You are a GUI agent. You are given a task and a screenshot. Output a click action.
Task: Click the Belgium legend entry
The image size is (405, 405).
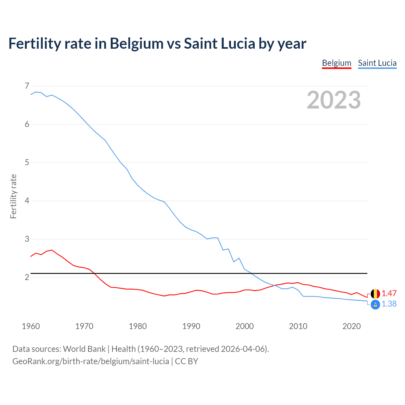337,63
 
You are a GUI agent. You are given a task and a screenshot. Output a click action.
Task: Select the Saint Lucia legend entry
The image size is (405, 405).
377,63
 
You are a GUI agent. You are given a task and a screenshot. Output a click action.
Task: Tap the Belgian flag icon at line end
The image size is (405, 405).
375,294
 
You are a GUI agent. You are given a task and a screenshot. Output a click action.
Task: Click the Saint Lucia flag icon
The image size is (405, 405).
375,304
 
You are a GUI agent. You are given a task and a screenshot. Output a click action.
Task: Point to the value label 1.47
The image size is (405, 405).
389,293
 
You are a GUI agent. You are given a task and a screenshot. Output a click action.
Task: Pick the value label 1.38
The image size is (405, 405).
389,304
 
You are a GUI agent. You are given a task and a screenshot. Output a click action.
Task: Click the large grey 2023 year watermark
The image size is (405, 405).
333,100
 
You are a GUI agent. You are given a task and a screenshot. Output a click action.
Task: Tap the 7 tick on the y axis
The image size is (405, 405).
27,86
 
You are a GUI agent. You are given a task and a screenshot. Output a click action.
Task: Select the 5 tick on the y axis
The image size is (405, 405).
27,162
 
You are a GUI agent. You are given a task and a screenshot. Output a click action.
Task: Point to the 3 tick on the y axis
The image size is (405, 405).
27,239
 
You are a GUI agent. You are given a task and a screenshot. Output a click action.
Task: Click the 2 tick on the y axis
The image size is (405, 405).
27,277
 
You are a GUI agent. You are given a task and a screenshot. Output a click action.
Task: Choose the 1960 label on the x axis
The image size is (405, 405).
31,326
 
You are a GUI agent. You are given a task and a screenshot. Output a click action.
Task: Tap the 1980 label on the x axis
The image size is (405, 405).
138,326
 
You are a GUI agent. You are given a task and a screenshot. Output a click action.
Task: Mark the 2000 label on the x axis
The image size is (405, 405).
245,326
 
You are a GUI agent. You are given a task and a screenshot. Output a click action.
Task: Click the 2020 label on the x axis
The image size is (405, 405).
352,326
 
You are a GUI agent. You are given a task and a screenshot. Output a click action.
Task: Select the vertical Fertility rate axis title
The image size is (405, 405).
13,196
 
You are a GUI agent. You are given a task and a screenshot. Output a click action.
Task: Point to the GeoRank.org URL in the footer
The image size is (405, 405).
90,361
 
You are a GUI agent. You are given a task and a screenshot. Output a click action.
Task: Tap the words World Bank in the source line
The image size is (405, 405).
84,349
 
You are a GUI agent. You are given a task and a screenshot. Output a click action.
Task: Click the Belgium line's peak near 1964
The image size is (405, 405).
52,250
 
